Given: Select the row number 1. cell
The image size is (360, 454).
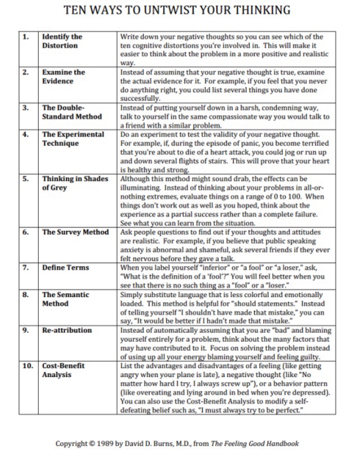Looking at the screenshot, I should tap(25, 37).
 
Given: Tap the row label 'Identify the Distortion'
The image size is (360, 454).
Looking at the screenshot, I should tap(62, 41).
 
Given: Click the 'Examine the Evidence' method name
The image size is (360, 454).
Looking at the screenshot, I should tap(64, 76).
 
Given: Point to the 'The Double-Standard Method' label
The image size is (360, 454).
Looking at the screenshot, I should tap(72, 112).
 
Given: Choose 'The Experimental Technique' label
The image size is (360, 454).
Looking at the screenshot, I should tap(73, 139).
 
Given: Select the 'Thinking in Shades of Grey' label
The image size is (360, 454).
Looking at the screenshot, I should tap(75, 183).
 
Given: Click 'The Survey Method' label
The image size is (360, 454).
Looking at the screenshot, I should tap(75, 232).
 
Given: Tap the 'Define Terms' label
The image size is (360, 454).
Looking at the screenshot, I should tap(65, 267).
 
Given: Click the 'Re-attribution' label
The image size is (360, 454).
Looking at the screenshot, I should tap(67, 330).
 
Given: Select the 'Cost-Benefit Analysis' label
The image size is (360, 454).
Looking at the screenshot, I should tap(63, 370).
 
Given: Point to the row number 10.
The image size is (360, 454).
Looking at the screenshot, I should tap(28, 366).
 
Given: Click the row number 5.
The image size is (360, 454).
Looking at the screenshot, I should tap(25, 179).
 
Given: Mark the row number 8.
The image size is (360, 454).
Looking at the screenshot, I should tap(25, 294).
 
